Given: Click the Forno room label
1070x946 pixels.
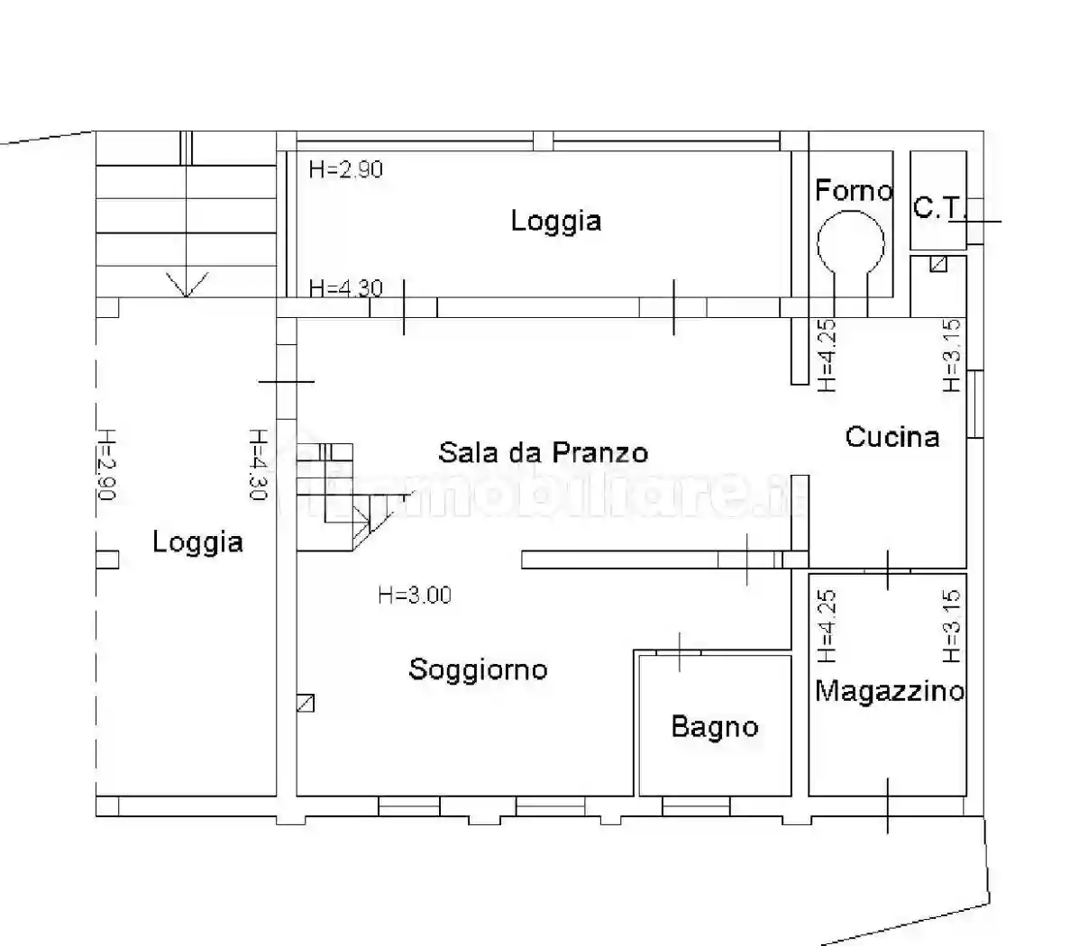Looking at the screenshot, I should (x=853, y=190).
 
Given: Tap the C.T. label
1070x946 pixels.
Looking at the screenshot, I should (x=938, y=208).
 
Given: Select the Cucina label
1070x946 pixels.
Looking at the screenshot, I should (x=892, y=437).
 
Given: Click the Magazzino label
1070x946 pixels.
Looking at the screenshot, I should (x=889, y=691).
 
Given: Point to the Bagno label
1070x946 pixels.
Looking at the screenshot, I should (x=715, y=726).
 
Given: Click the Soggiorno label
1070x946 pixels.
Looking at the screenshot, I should (x=478, y=669).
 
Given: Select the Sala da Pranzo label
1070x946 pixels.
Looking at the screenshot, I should (x=543, y=451).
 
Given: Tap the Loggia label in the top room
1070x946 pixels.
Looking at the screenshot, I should (x=556, y=221).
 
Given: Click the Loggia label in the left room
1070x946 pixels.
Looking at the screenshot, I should (x=197, y=541).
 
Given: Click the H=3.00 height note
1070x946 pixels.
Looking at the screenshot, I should (x=415, y=595).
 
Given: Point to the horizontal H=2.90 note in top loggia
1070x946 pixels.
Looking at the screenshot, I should (x=345, y=169).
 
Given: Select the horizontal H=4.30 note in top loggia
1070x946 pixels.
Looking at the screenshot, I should (x=345, y=288).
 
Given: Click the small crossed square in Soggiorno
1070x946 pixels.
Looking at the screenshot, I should (x=306, y=703).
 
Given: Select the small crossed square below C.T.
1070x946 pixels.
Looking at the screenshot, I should (x=938, y=264).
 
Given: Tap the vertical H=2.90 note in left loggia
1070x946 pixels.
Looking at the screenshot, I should (x=105, y=464).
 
